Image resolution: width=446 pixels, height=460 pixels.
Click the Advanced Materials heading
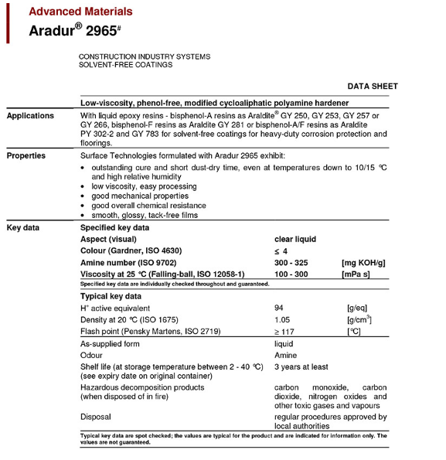pos(80,12)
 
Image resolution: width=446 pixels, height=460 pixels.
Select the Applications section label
pos(31,116)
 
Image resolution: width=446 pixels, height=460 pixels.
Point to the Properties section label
pos(26,155)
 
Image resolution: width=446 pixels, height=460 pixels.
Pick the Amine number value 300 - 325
pos(291,263)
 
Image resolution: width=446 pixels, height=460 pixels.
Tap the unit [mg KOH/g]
pos(363,263)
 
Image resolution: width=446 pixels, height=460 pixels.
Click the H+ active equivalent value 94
pos(280,308)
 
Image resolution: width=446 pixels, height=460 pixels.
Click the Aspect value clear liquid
pos(295,240)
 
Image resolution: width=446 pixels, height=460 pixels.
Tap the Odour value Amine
pos(285,355)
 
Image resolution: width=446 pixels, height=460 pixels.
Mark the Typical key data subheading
pos(111,296)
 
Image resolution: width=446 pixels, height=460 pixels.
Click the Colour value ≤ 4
pos(281,251)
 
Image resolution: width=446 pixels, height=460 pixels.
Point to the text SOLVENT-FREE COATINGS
pos(125,65)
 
